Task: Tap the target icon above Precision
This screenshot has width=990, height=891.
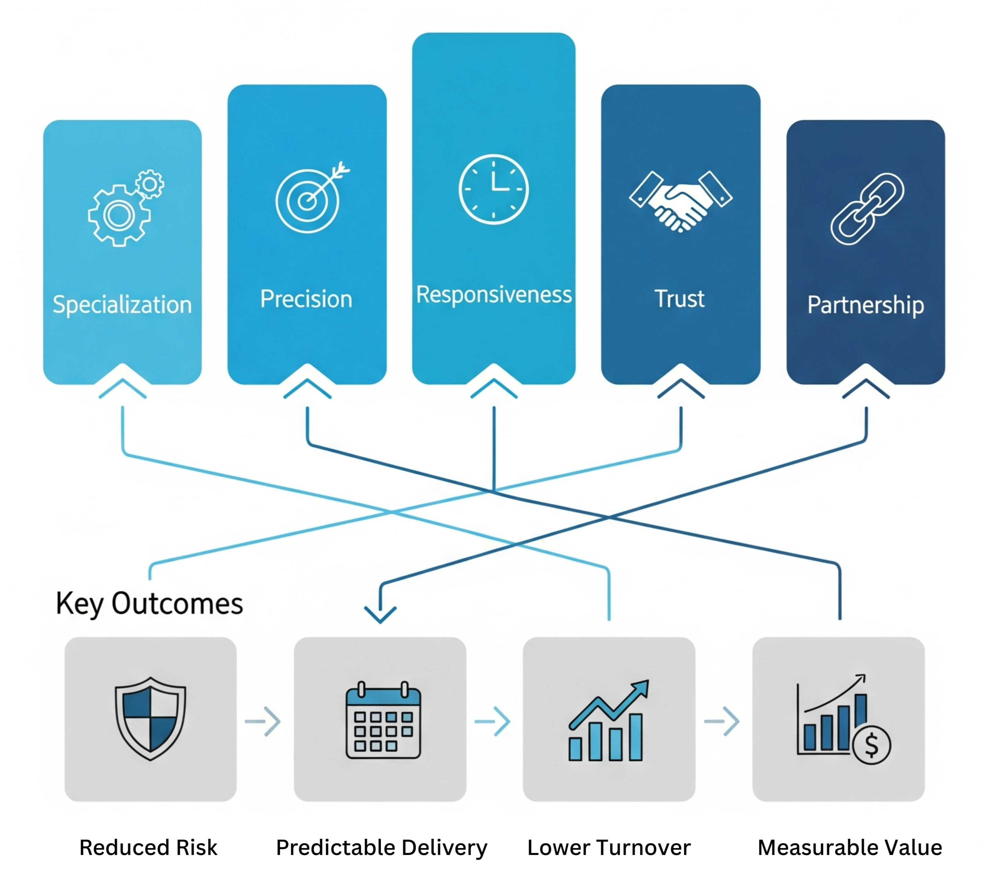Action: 309,199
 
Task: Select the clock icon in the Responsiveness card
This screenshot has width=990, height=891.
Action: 494,189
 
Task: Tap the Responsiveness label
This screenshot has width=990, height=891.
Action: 494,295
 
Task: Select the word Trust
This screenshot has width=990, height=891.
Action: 680,299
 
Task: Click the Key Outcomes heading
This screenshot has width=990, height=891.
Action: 149,604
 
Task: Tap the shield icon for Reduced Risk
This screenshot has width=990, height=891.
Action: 150,718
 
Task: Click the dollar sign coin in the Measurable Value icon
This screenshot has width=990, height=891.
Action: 872,745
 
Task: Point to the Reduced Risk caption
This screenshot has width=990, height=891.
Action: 148,847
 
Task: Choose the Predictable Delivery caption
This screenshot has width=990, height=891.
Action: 381,847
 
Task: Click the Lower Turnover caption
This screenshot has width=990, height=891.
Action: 609,847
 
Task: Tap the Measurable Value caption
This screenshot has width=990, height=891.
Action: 850,847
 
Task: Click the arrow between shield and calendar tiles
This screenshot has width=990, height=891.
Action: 263,721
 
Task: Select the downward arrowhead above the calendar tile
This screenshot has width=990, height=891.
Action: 380,614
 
